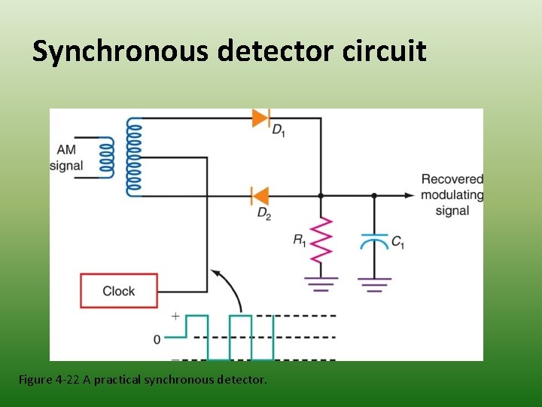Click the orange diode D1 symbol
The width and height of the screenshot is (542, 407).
[261, 118]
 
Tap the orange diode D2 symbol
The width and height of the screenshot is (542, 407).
[260, 195]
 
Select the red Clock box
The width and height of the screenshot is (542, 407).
[119, 291]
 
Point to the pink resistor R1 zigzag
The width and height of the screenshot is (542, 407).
[321, 240]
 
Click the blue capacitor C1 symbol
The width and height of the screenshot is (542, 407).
[374, 242]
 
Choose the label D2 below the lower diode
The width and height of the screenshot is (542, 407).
[264, 214]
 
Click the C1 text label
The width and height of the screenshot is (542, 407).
[397, 242]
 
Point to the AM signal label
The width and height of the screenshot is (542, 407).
[65, 158]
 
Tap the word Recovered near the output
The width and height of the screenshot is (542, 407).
[452, 179]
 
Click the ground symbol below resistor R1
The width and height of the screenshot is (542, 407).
[321, 284]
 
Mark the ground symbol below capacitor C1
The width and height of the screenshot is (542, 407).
[374, 284]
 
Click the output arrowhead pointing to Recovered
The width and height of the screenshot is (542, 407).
[410, 195]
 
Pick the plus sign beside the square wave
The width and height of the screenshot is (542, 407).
[175, 316]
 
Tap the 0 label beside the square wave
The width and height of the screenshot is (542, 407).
[157, 340]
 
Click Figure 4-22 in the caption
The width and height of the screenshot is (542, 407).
[49, 380]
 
